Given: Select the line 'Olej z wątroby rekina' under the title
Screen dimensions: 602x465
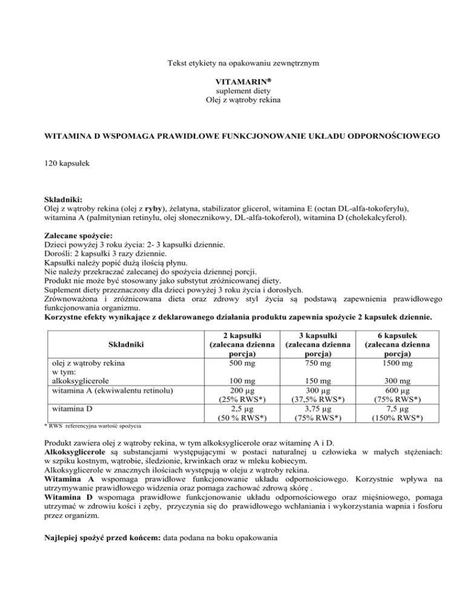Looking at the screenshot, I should (x=232, y=98).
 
